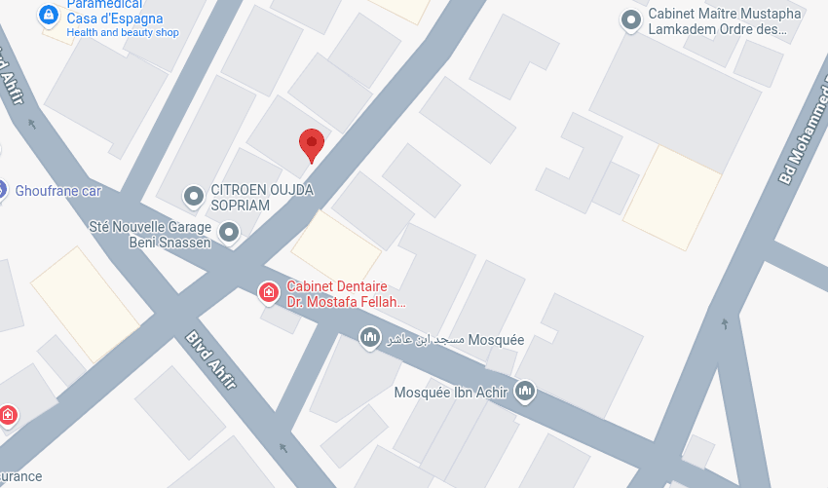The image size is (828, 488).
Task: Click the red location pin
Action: click(311, 144)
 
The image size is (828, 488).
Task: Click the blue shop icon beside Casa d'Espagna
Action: click(48, 16)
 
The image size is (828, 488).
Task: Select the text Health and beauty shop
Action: click(123, 33)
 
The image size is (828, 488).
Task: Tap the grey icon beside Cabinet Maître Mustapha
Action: click(632, 19)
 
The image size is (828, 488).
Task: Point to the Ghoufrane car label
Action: click(58, 191)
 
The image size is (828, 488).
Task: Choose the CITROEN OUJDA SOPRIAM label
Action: click(262, 198)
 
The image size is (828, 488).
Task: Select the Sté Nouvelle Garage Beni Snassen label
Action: click(150, 234)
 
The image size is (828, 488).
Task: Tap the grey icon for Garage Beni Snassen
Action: click(229, 232)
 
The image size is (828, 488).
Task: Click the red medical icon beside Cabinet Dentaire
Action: click(268, 291)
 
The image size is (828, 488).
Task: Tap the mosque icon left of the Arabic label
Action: click(369, 338)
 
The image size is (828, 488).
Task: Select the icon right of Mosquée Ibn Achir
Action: click(526, 392)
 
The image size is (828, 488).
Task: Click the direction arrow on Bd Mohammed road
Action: click(724, 323)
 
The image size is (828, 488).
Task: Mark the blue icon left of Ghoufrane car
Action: click(2, 190)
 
